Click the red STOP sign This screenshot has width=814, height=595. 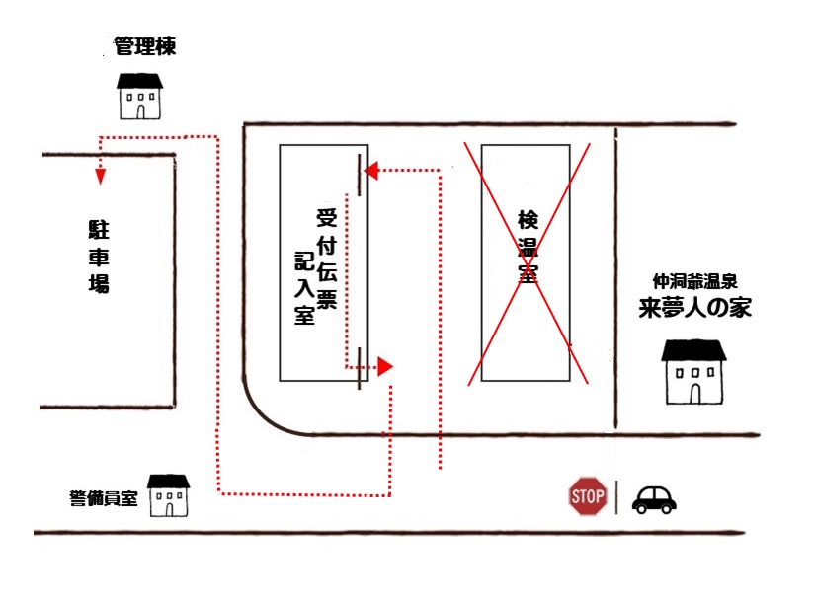(x=588, y=496)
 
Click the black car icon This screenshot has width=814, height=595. (x=654, y=499)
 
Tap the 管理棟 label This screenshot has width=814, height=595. (x=144, y=46)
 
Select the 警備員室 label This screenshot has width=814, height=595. (x=104, y=498)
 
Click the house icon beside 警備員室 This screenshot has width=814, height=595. (x=168, y=495)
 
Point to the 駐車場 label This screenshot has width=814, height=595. (x=97, y=258)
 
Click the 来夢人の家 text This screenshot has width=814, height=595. (x=693, y=307)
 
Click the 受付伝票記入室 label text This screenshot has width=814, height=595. (x=314, y=266)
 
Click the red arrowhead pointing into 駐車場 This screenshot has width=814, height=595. (x=100, y=177)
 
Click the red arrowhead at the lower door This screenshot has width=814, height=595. (x=386, y=367)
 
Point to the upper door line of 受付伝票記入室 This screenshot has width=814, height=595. (x=360, y=175)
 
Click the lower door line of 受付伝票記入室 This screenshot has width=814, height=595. (x=360, y=367)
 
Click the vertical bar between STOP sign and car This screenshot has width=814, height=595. (x=617, y=496)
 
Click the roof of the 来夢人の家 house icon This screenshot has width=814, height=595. (x=692, y=350)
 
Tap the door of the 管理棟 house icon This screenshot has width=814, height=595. (x=140, y=111)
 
